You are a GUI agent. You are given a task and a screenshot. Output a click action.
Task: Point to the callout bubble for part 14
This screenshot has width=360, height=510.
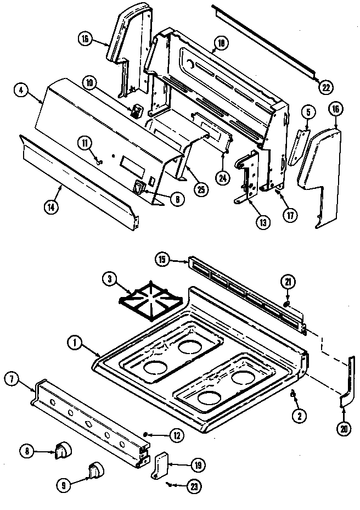tap(50, 207)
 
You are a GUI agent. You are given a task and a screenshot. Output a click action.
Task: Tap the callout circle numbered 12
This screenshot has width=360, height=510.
tap(176, 435)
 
